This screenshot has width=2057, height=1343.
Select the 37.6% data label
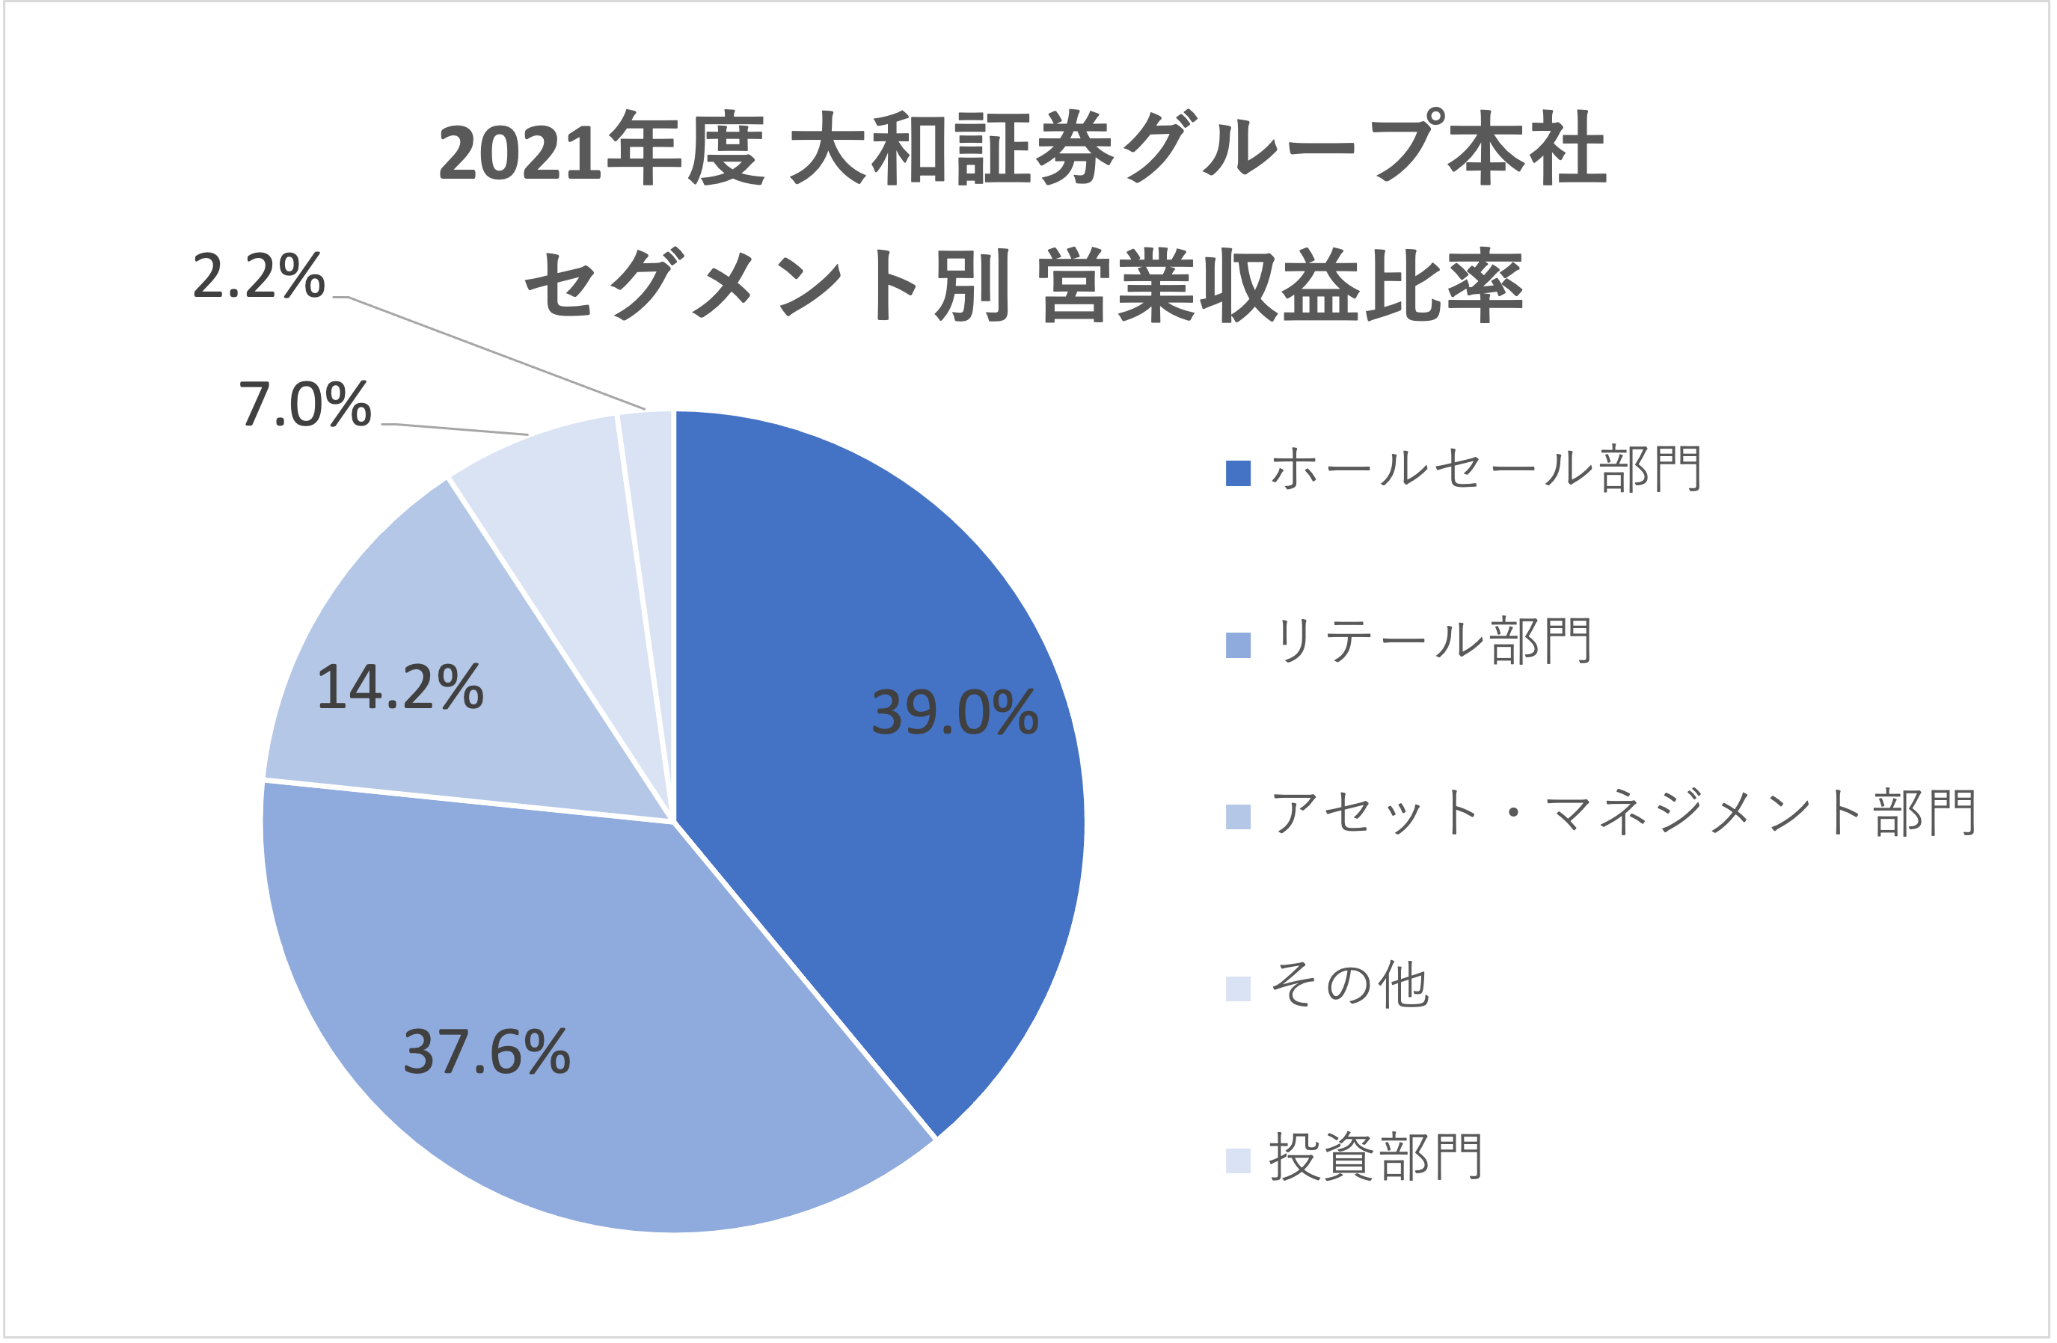click(487, 1053)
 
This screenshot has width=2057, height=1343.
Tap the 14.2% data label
click(399, 688)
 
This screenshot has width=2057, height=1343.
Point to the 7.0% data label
click(304, 405)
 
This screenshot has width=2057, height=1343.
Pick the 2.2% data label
click(257, 277)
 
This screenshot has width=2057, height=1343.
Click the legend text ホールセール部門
click(1486, 470)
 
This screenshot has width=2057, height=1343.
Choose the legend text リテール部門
click(1430, 642)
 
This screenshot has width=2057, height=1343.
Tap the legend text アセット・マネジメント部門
click(1623, 814)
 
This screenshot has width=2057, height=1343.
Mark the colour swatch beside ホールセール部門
click(1238, 473)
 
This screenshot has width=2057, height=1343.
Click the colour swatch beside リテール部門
click(1238, 645)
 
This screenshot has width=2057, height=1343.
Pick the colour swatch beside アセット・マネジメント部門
click(1238, 817)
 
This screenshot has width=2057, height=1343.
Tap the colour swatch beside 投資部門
click(1238, 1161)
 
